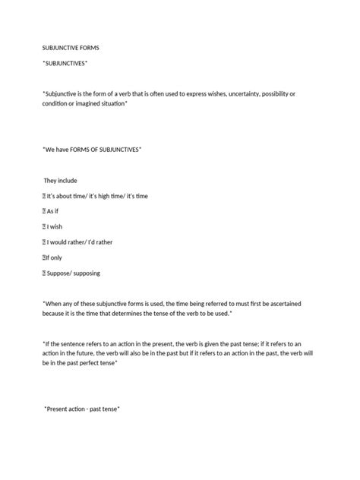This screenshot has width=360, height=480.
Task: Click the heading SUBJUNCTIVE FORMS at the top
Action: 71,48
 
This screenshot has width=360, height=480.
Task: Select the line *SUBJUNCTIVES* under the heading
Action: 65,62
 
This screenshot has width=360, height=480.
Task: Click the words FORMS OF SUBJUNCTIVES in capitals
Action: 107,150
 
